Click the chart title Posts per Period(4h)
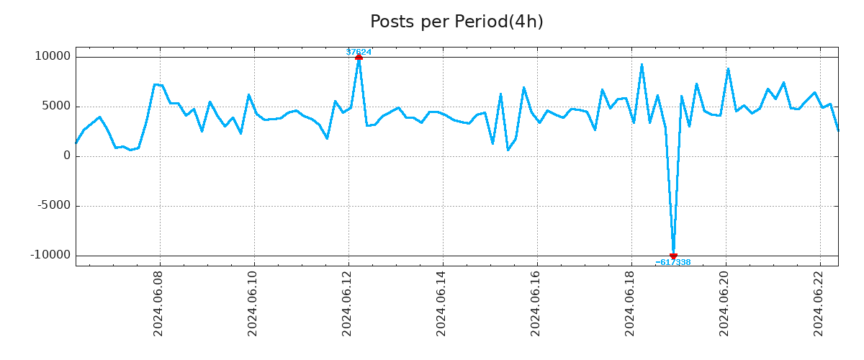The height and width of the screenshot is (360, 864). pyautogui.click(x=456, y=22)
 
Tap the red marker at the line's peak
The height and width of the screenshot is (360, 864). pyautogui.click(x=359, y=57)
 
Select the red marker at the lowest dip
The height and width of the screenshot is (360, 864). pyautogui.click(x=673, y=256)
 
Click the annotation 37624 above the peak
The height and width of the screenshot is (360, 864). pyautogui.click(x=359, y=52)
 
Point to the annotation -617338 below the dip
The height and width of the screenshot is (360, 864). pyautogui.click(x=673, y=262)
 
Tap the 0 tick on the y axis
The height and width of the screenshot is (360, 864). pyautogui.click(x=67, y=156)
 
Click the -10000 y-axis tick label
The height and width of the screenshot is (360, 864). pyautogui.click(x=50, y=256)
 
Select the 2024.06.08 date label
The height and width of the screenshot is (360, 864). pyautogui.click(x=159, y=307)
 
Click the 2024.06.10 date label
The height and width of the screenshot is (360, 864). pyautogui.click(x=253, y=307)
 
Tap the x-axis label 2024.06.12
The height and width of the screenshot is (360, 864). pyautogui.click(x=348, y=307)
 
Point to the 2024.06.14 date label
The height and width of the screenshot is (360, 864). pyautogui.click(x=442, y=307)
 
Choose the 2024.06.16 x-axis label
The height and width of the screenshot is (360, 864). pyautogui.click(x=536, y=307)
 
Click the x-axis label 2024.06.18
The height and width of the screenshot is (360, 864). pyautogui.click(x=631, y=307)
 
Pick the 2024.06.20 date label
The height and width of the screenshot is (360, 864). pyautogui.click(x=725, y=307)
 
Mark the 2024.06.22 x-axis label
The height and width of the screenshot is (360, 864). pyautogui.click(x=819, y=307)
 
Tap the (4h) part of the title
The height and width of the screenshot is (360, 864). pyautogui.click(x=526, y=22)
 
